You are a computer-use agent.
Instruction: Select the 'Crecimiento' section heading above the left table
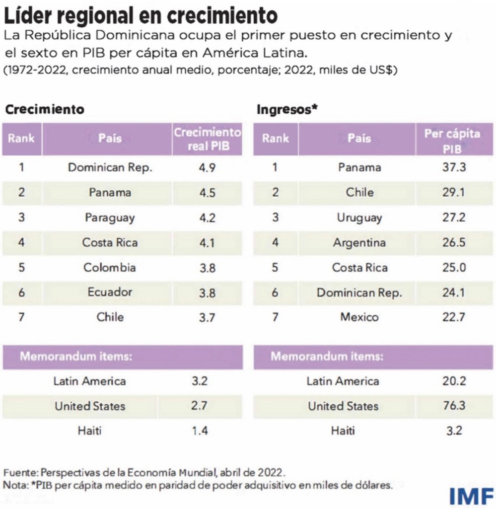coord(45,109)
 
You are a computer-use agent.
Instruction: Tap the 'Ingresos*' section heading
coord(287,109)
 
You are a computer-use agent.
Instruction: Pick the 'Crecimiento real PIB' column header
coord(207,139)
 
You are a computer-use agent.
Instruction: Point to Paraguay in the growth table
coord(110,218)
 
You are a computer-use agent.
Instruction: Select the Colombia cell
coord(110,267)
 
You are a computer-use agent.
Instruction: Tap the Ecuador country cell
coord(110,292)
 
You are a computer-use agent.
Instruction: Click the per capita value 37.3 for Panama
coord(453,168)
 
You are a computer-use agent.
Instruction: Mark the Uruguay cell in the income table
coord(359,218)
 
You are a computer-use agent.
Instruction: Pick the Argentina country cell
coord(359,243)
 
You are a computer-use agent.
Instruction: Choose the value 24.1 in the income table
coord(453,292)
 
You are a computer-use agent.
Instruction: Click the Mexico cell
coord(359,317)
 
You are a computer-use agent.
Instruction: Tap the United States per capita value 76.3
coord(453,406)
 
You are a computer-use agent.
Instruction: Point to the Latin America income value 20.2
coord(453,381)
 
